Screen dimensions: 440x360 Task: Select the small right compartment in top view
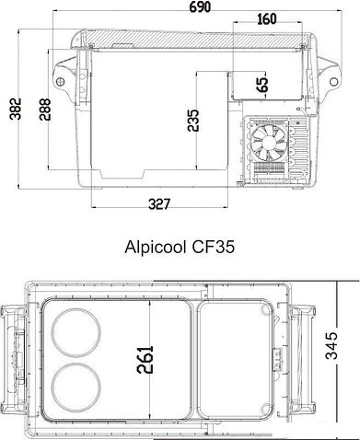click(x=237, y=353)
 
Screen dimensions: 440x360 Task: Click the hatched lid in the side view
click(x=184, y=39)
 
